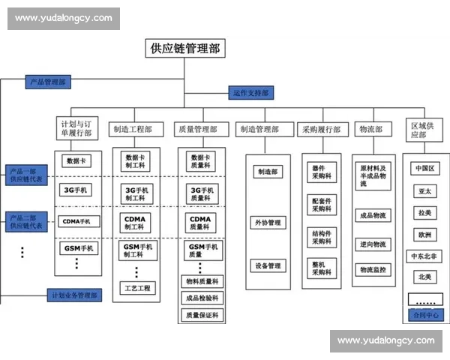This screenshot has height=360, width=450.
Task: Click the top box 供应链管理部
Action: [185, 49]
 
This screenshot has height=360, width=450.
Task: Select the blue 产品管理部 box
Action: [47, 80]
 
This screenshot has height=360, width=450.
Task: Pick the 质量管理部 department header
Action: [202, 129]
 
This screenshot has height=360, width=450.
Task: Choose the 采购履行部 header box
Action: [321, 129]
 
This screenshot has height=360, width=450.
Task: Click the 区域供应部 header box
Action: [424, 129]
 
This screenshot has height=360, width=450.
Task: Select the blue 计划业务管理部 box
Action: [73, 295]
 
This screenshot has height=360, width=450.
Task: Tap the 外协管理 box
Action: [268, 223]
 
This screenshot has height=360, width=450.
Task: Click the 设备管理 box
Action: [268, 265]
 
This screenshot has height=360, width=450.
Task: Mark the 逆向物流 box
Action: [373, 244]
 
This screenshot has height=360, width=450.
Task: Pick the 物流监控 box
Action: [373, 269]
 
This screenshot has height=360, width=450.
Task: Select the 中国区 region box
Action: [424, 169]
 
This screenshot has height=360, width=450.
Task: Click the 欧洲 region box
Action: [424, 234]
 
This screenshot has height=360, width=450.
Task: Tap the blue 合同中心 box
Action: [424, 315]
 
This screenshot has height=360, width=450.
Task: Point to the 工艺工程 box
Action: [135, 287]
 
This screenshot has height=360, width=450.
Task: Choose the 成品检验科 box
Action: [202, 298]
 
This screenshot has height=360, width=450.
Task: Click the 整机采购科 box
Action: [322, 268]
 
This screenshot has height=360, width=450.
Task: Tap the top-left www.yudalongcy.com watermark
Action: [63, 17]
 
